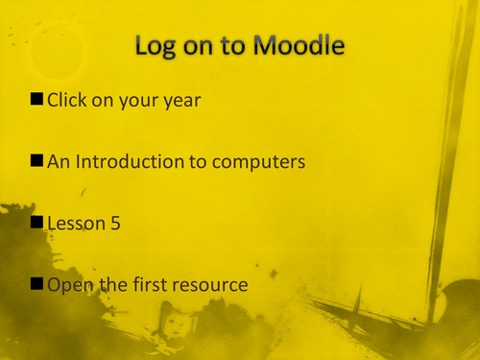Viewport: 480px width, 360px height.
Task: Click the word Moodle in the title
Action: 298,46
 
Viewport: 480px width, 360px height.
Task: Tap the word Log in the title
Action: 160,46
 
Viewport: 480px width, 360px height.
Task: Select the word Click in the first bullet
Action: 69,100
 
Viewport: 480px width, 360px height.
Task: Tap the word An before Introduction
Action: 59,161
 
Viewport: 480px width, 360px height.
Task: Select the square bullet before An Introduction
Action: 37,161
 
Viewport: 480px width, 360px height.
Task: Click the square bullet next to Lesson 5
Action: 37,223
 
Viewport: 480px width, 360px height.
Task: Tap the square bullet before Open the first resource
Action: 37,284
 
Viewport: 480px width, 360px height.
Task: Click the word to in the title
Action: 237,46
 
